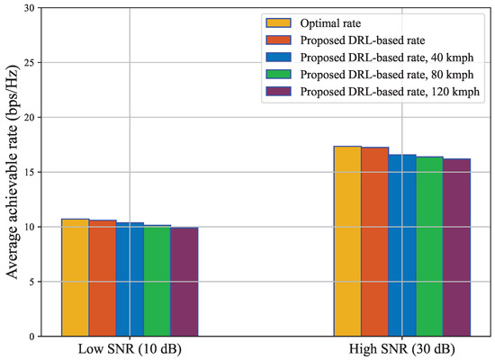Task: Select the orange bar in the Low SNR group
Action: pos(103,278)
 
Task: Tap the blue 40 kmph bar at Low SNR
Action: pos(130,279)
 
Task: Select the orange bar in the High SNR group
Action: pos(374,242)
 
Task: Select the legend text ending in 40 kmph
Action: pos(389,57)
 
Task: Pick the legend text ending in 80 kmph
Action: pos(389,74)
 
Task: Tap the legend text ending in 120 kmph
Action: pos(391,91)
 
